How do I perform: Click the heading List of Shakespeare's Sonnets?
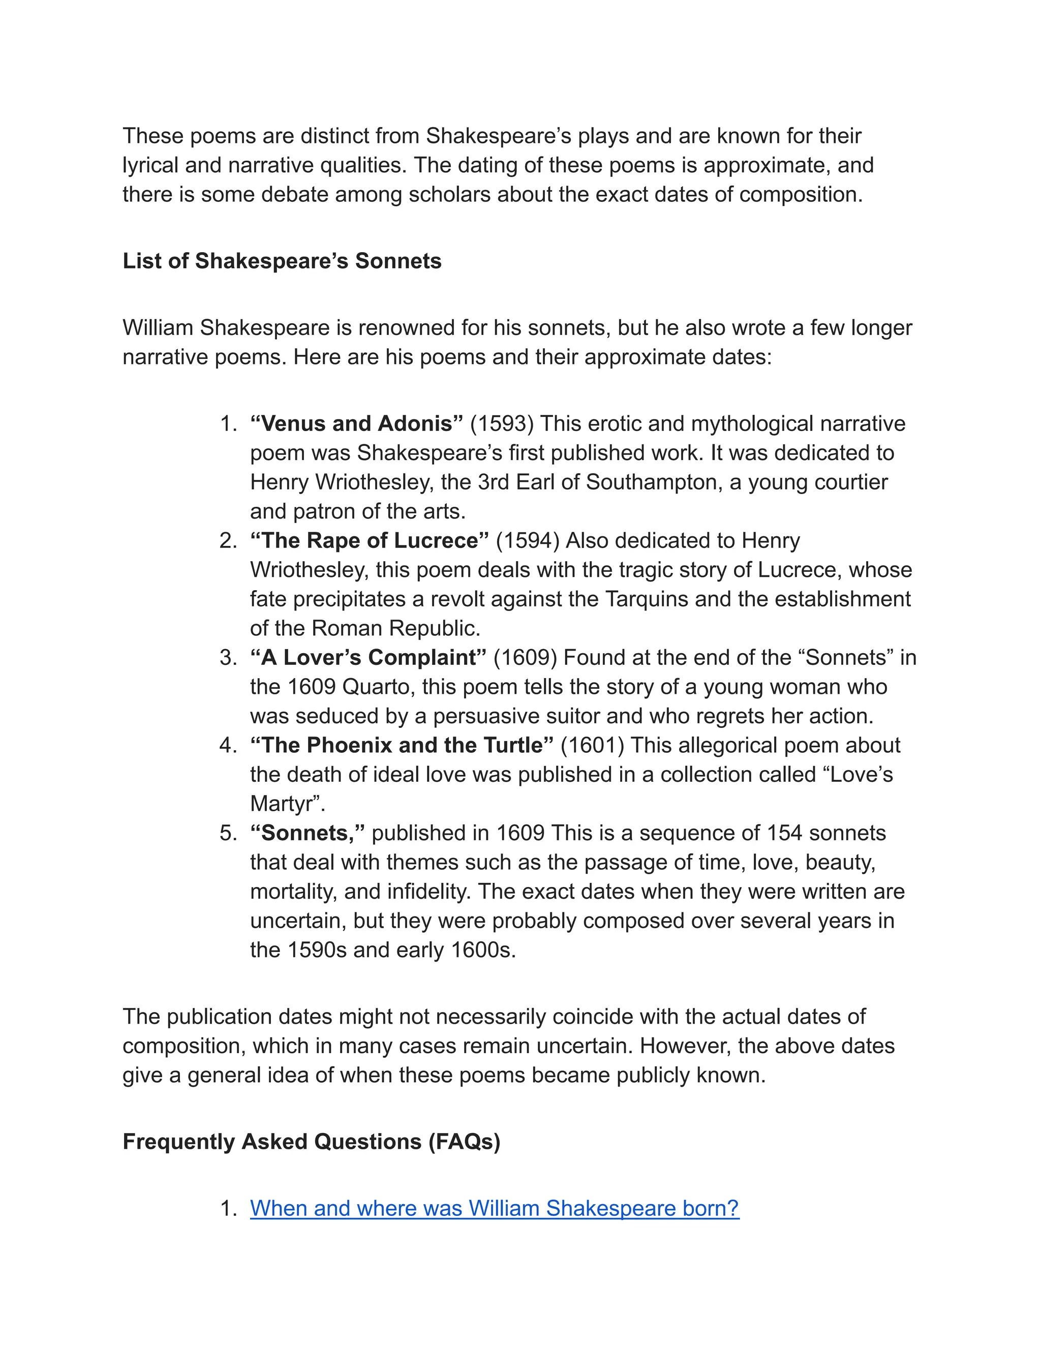pos(282,261)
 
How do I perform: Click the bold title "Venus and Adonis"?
pos(356,424)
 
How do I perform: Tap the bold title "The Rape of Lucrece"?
pos(369,540)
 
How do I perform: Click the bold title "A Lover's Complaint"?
pos(368,657)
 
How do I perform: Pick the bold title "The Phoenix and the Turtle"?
pos(402,745)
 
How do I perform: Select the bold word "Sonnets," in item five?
pos(307,833)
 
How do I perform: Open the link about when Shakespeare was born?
pos(494,1208)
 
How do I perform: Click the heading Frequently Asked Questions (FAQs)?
pos(312,1141)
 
